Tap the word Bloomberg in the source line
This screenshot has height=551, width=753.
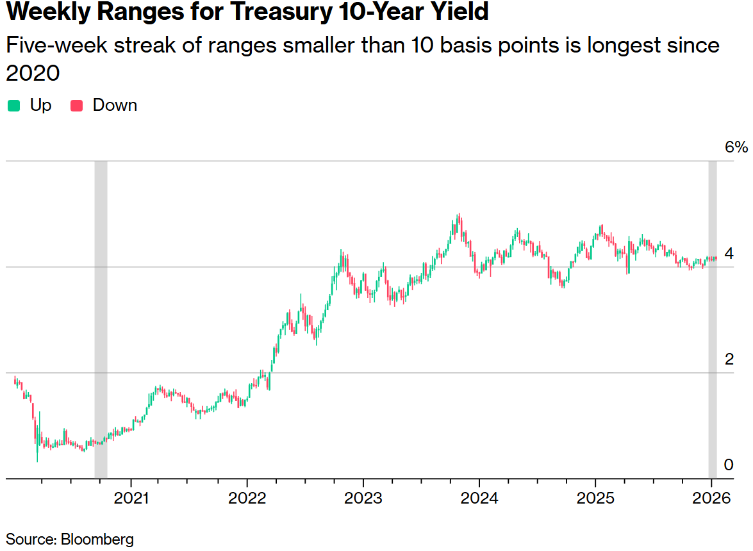97,539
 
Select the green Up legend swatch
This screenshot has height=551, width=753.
14,106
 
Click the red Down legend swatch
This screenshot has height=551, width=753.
77,106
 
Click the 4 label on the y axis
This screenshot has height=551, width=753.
729,254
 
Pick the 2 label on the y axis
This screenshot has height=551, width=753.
729,359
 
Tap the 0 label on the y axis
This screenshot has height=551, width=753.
729,465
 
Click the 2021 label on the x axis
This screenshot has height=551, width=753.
131,498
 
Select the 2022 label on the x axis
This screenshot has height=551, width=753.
247,498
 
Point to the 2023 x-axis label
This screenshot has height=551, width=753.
363,498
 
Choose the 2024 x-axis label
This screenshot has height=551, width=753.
479,498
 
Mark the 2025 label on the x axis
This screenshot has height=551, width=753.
595,498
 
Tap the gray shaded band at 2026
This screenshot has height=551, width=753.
712,320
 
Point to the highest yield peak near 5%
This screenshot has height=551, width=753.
458,215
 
